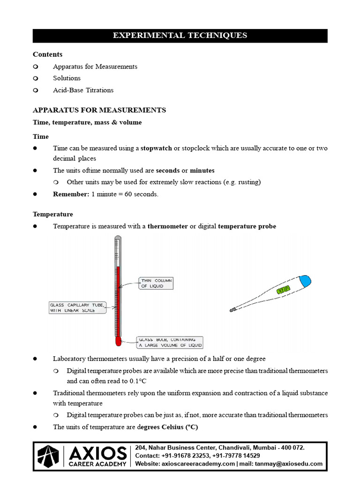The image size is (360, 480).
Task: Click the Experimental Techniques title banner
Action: (x=180, y=36)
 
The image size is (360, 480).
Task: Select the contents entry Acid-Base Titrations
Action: (x=83, y=90)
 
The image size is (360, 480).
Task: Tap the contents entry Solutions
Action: (x=67, y=78)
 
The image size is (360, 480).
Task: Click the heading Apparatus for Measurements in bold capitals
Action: (x=99, y=110)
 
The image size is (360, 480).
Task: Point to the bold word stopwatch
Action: (x=156, y=148)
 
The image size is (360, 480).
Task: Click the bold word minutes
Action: (x=202, y=170)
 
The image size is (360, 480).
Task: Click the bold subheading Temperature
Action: (x=53, y=214)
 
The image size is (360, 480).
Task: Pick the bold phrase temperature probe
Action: (x=247, y=226)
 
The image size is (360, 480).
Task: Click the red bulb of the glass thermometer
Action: (x=118, y=340)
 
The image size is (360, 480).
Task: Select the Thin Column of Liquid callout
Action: (x=156, y=283)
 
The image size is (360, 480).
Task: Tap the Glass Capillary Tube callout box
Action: (x=77, y=307)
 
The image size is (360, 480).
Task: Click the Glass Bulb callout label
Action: (x=169, y=342)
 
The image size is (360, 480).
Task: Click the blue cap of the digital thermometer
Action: (x=305, y=280)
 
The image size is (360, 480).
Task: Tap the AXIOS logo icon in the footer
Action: (x=49, y=456)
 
